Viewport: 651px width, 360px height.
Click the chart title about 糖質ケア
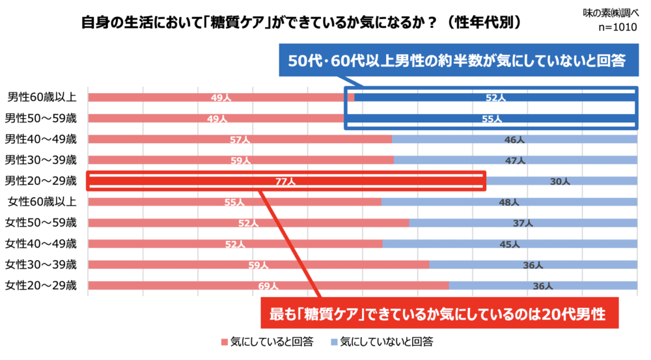tap(301, 22)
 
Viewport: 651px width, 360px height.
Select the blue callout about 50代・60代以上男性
tap(457, 61)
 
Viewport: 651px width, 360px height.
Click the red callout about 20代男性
tap(438, 314)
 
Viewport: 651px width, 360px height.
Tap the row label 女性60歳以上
tap(42, 202)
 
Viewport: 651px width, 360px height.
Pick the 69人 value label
tap(268, 286)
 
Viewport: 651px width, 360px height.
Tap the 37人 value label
tap(523, 223)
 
